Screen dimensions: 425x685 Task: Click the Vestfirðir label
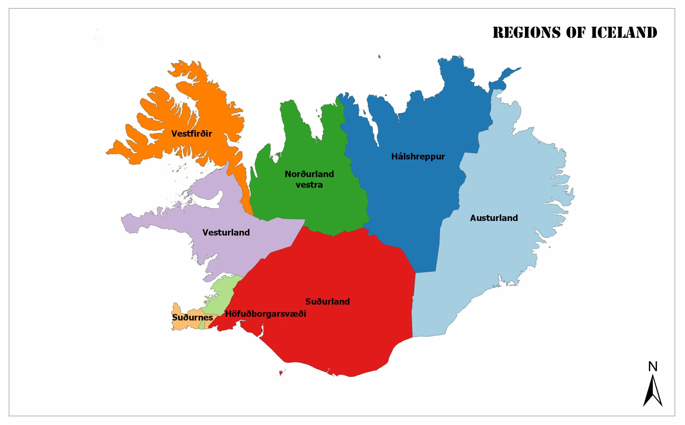(192, 134)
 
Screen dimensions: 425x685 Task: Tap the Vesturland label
(226, 233)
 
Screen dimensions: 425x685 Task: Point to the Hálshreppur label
(418, 157)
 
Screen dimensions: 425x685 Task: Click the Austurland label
(494, 218)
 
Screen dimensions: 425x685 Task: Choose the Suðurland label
(328, 302)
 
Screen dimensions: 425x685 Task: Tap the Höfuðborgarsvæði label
(265, 314)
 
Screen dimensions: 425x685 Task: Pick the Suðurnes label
(192, 318)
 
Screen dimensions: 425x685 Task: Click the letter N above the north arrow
(653, 367)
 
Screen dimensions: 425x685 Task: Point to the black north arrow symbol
(653, 393)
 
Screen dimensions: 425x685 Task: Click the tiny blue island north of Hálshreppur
(379, 56)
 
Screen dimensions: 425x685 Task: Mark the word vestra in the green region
(309, 185)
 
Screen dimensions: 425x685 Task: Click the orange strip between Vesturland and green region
(242, 186)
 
